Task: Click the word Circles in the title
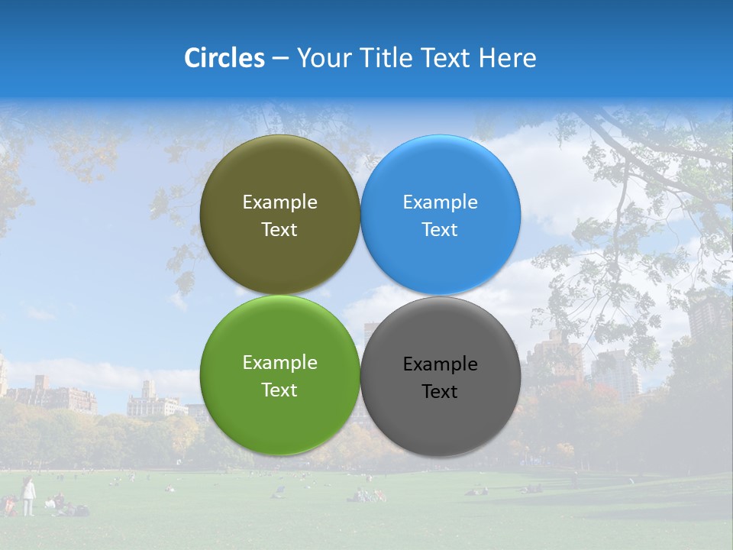(224, 58)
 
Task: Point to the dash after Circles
(280, 59)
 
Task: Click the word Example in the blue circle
(440, 202)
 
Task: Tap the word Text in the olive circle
(279, 230)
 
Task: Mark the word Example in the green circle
(279, 363)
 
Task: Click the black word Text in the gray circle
(440, 392)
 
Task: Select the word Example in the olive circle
(279, 202)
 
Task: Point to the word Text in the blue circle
(440, 230)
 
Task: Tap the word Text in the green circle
(279, 390)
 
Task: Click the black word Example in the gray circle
(440, 364)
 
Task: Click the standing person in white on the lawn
(28, 496)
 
